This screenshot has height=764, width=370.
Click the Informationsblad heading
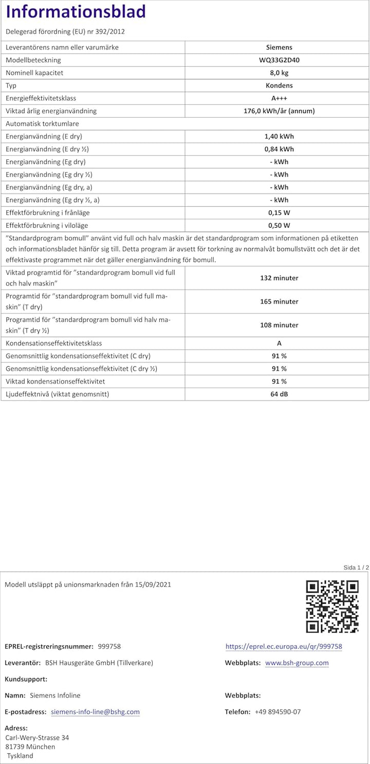(76, 11)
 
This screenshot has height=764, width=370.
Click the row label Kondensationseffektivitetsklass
(54, 343)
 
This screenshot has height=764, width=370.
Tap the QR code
(332, 606)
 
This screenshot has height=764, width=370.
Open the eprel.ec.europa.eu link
(284, 646)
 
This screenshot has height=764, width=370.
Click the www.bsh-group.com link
(297, 663)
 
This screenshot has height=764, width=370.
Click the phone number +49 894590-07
(277, 712)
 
